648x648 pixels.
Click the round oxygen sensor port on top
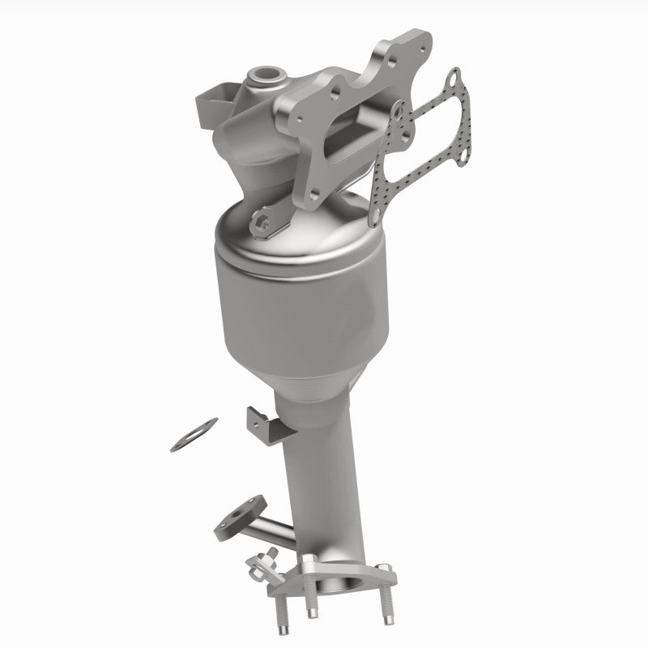(x=264, y=79)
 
